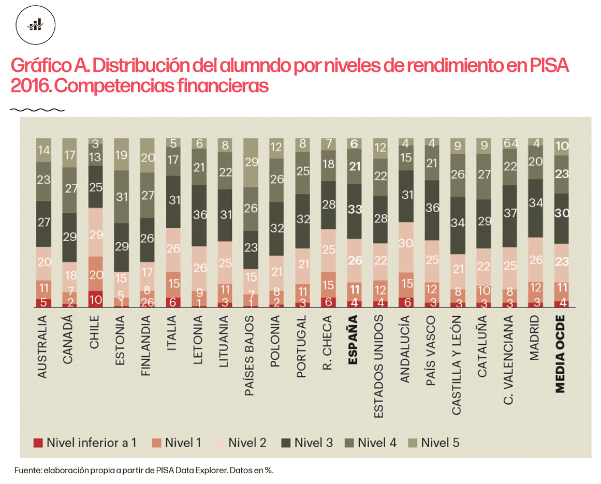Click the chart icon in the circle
click(x=36, y=24)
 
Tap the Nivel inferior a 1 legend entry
click(x=85, y=443)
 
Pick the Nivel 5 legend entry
click(x=434, y=443)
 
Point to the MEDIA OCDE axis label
click(x=561, y=357)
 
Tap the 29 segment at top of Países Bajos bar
click(x=251, y=163)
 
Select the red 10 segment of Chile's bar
click(x=95, y=299)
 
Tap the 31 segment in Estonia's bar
click(x=121, y=197)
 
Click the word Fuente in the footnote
click(x=26, y=471)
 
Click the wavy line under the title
click(x=37, y=110)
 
